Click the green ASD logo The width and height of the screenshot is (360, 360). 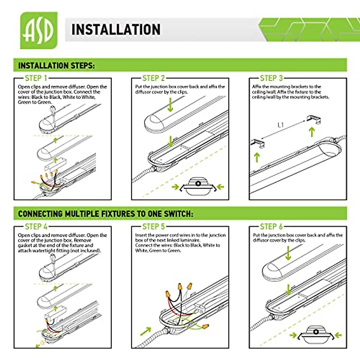(x=38, y=30)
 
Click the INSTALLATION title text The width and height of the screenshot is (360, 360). (x=116, y=30)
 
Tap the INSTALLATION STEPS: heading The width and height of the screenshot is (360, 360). (x=56, y=66)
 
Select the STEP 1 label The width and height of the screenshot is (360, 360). (x=36, y=78)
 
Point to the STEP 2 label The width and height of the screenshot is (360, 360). (x=154, y=78)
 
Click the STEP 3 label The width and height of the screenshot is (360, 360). (x=271, y=78)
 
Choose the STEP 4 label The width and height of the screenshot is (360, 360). (x=36, y=226)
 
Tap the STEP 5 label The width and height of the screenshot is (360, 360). (x=154, y=226)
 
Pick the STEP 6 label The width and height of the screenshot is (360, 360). (x=271, y=226)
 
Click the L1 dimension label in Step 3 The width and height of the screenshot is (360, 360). (x=280, y=125)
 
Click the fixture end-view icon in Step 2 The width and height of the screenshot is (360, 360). (x=198, y=187)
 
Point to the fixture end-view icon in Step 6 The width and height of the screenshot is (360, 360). (x=316, y=335)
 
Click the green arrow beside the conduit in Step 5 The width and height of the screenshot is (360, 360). (x=146, y=331)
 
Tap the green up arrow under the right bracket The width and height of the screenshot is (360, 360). (x=312, y=132)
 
